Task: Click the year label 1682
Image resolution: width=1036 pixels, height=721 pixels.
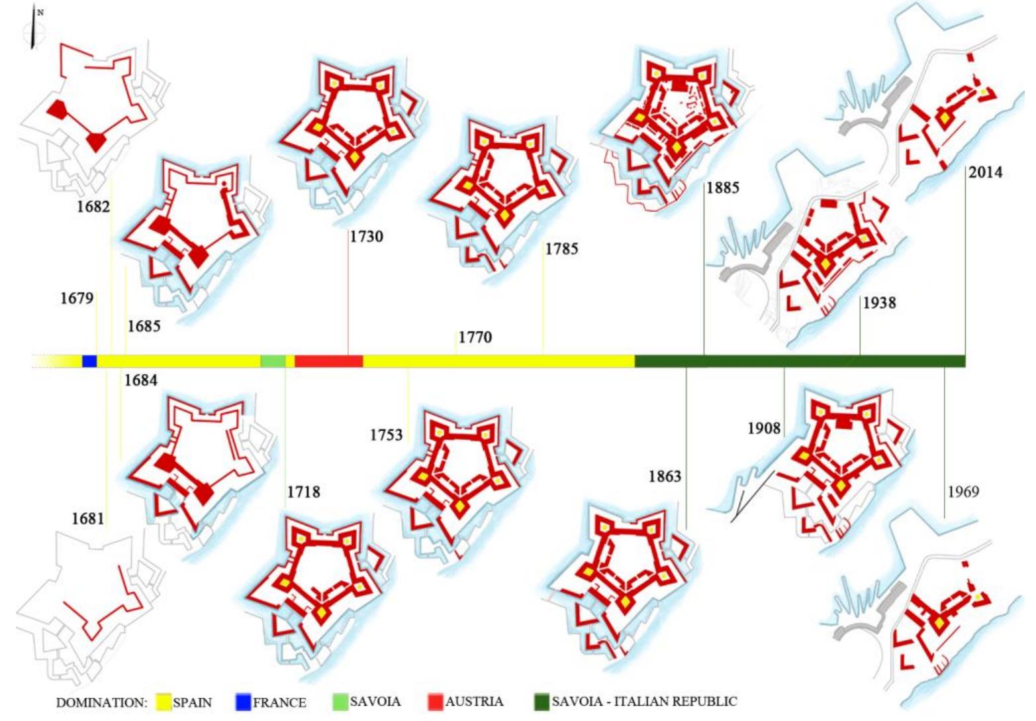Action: coord(93,206)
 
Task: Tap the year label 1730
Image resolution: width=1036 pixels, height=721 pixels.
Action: coord(367,237)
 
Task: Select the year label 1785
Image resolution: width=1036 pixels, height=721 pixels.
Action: coord(561,249)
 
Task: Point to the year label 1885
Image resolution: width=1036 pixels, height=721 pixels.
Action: coord(722,188)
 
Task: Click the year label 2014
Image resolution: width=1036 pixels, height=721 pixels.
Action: coord(985,172)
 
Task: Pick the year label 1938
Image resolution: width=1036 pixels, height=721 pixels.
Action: coord(879,303)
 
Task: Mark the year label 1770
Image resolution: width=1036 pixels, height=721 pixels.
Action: coord(475,337)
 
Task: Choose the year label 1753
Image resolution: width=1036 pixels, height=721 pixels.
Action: coord(386,435)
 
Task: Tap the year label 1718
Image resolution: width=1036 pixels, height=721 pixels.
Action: coord(303,492)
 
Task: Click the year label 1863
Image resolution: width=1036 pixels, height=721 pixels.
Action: coord(665,476)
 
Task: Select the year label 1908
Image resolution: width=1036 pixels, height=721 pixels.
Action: coord(764,429)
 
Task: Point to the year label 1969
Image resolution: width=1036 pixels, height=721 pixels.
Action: coord(963,492)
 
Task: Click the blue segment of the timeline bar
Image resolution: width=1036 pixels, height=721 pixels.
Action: coord(89,361)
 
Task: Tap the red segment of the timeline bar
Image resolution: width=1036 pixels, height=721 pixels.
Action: coord(328,361)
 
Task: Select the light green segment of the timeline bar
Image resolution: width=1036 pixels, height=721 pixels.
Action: coord(272,361)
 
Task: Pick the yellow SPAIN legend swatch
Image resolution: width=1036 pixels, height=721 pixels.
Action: coord(163,702)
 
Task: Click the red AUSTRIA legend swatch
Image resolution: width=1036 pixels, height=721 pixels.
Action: coord(435,702)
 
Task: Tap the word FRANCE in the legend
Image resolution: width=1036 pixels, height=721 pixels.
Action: coord(279,702)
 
